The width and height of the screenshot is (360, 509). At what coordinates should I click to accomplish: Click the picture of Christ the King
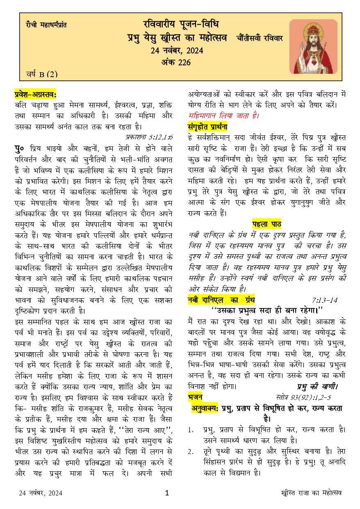coord(313,46)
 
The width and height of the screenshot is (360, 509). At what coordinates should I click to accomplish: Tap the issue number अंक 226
coord(176,62)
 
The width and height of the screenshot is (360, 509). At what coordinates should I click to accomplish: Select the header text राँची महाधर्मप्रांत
coord(46,25)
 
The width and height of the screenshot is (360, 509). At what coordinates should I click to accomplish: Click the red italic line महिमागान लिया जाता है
coord(223,116)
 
